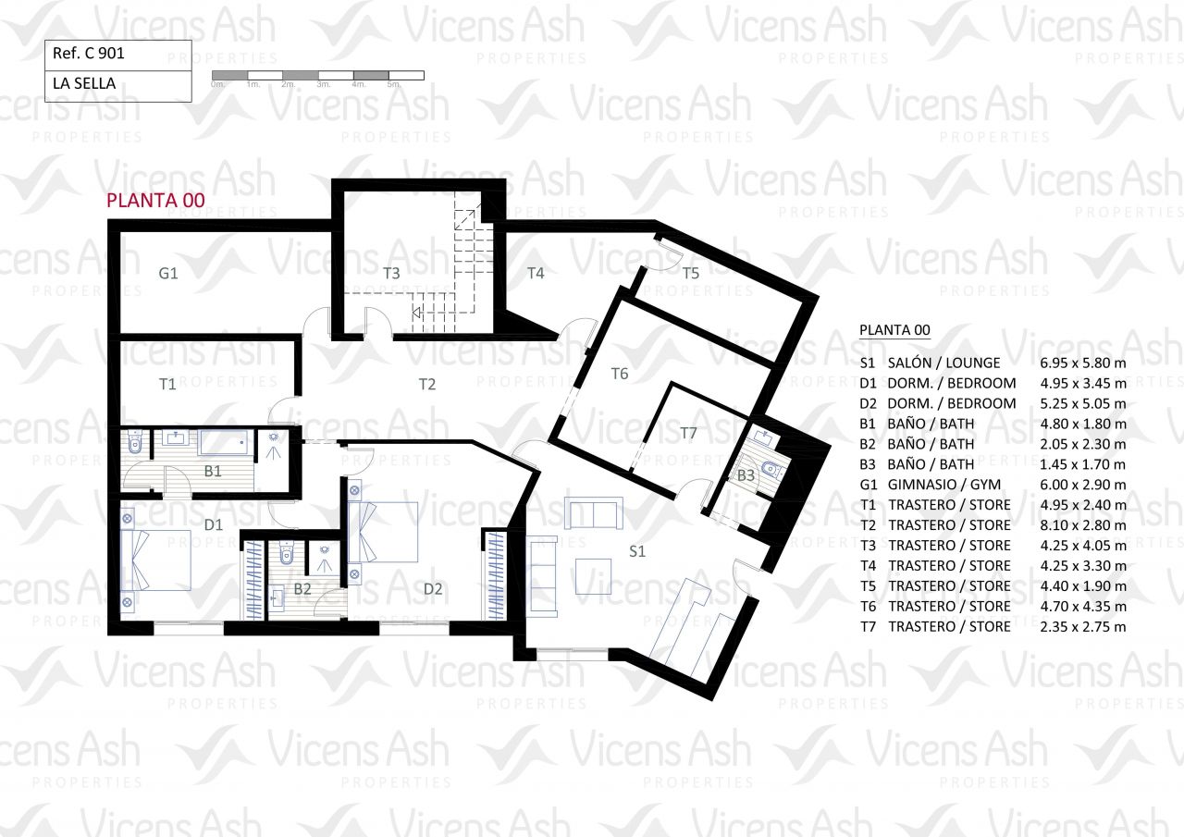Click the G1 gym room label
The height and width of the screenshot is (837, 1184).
pyautogui.click(x=168, y=273)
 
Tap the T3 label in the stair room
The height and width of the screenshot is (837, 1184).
pyautogui.click(x=391, y=273)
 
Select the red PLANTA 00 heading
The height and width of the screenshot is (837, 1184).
pyautogui.click(x=155, y=201)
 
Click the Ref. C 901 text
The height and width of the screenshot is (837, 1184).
pyautogui.click(x=88, y=54)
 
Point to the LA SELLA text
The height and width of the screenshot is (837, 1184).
pyautogui.click(x=84, y=83)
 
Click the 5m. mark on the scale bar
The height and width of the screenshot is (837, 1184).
pyautogui.click(x=394, y=84)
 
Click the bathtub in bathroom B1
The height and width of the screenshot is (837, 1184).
pyautogui.click(x=224, y=443)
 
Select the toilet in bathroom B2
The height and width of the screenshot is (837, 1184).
pyautogui.click(x=286, y=552)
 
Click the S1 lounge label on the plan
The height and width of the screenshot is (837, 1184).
pyautogui.click(x=637, y=551)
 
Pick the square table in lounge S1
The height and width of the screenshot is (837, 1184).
pyautogui.click(x=593, y=576)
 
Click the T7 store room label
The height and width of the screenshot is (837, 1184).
pyautogui.click(x=688, y=433)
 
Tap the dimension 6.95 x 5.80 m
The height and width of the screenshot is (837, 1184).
pyautogui.click(x=1083, y=363)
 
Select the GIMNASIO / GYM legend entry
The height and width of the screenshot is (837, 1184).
pyautogui.click(x=944, y=485)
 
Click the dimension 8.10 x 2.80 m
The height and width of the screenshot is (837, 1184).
pyautogui.click(x=1083, y=525)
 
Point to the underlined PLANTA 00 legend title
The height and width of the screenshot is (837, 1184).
pyautogui.click(x=894, y=330)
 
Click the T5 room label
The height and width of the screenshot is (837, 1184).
pyautogui.click(x=690, y=273)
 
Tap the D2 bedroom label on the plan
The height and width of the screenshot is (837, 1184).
pyautogui.click(x=433, y=588)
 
